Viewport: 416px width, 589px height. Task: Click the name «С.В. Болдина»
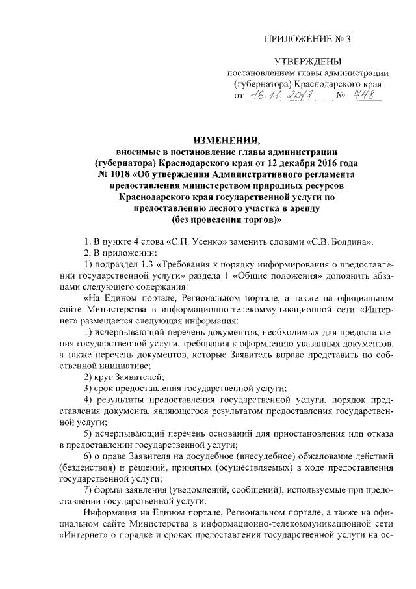[x=345, y=242]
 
